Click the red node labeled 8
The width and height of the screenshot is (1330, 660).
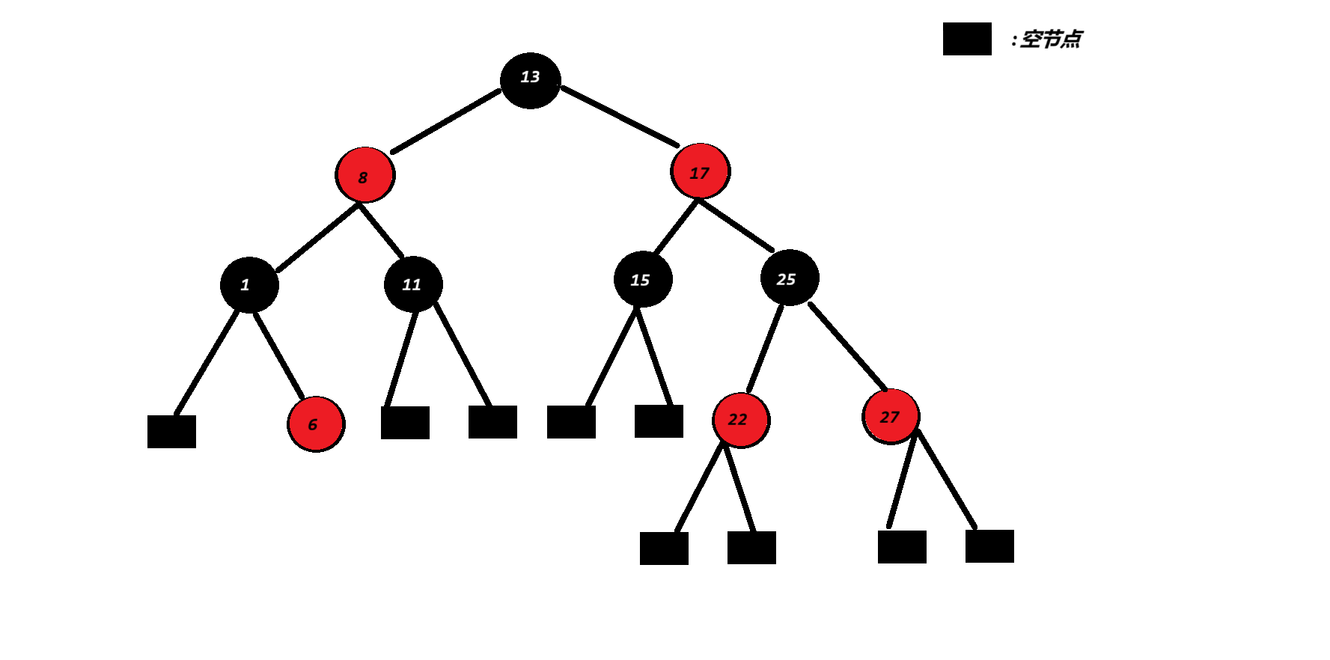tap(365, 174)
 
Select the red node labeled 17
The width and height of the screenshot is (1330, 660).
tap(701, 171)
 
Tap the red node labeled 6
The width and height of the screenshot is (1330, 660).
tap(316, 424)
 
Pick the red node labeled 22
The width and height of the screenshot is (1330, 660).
tap(741, 420)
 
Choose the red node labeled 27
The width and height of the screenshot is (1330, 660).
tap(891, 415)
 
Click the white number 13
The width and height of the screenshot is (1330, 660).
tap(530, 76)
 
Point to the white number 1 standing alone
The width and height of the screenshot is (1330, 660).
tap(245, 284)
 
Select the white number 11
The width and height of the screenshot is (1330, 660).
tap(412, 284)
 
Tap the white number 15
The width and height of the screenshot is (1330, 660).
tap(640, 280)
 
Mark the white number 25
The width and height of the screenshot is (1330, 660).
tap(786, 279)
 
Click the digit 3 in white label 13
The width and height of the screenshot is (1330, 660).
tap(534, 76)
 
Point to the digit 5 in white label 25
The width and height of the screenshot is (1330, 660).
tap(791, 279)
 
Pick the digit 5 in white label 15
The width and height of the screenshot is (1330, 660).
tap(644, 280)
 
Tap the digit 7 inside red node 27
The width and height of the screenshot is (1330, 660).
tap(894, 417)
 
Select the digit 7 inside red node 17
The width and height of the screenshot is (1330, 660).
tap(704, 173)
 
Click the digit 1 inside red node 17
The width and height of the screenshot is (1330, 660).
tap(693, 174)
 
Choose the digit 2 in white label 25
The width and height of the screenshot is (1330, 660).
tap(781, 279)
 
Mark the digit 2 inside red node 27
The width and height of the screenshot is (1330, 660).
tap(885, 418)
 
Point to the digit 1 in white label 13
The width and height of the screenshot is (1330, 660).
tap(525, 76)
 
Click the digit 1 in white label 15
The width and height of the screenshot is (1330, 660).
tap(635, 280)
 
